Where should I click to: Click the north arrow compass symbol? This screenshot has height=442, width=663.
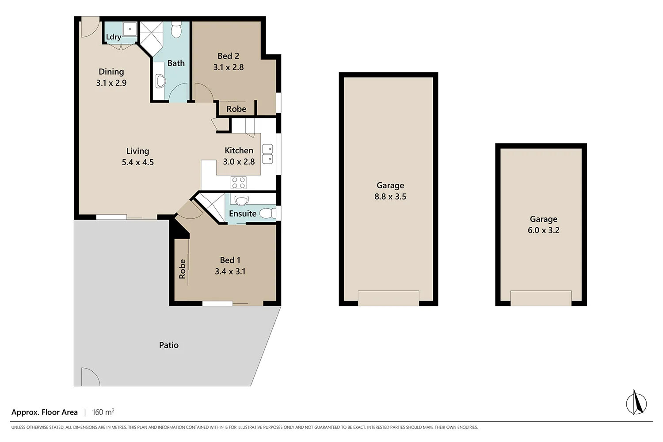(x=636, y=403)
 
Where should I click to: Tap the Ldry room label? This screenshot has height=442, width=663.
(x=114, y=37)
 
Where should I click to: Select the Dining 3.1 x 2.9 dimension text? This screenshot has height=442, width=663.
(x=111, y=83)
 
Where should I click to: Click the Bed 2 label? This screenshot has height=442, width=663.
(x=228, y=56)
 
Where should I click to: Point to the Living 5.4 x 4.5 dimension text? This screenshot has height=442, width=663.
(x=138, y=162)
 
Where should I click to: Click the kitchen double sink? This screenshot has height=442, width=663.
(x=267, y=154)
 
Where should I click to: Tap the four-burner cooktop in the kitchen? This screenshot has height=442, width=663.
(x=239, y=183)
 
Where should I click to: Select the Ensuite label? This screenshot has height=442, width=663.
(x=242, y=213)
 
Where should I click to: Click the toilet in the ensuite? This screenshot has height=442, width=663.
(x=267, y=213)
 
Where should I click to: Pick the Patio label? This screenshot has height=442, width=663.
(x=169, y=345)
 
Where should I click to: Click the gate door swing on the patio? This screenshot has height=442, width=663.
(x=90, y=377)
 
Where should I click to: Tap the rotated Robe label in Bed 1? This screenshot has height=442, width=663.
(x=182, y=269)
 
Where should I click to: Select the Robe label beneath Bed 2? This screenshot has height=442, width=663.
(x=236, y=109)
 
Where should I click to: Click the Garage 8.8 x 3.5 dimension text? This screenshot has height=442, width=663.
(x=390, y=197)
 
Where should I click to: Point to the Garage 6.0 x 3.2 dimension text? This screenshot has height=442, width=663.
(x=543, y=230)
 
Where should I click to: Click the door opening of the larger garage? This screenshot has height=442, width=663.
(x=389, y=298)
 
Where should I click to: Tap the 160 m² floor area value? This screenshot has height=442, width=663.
(x=103, y=412)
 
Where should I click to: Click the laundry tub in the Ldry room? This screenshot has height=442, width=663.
(x=130, y=30)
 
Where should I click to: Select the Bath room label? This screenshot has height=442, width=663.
(x=176, y=63)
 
